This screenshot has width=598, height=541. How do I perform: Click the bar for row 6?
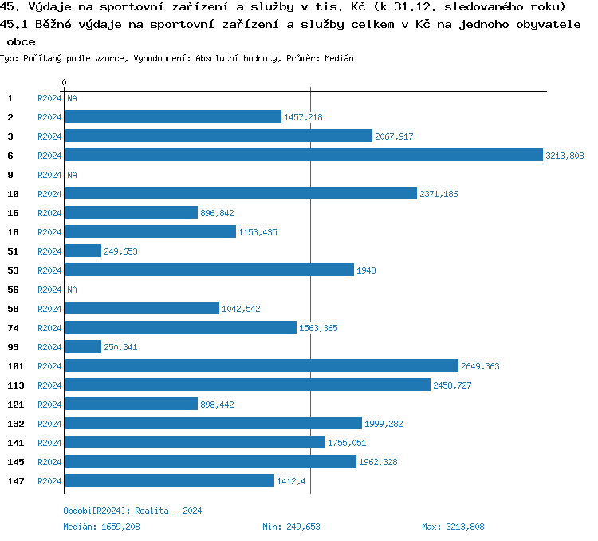(x=303, y=156)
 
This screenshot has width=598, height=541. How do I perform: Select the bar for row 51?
(x=83, y=251)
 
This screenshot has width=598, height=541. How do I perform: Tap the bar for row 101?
(x=262, y=366)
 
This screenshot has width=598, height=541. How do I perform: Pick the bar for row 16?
(x=131, y=213)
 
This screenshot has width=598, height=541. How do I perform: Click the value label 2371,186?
(x=439, y=194)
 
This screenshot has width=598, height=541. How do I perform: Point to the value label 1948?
(x=366, y=270)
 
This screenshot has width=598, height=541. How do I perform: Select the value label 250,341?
(x=121, y=347)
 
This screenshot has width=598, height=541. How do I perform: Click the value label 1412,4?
(x=291, y=481)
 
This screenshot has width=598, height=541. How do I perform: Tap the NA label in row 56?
(x=72, y=290)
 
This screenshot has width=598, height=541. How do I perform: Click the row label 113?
(x=16, y=385)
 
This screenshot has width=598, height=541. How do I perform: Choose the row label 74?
(x=14, y=328)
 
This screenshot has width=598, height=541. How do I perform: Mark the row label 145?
(x=16, y=462)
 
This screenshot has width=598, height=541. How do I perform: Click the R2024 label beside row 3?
(x=49, y=136)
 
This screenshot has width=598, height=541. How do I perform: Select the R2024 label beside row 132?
(x=49, y=424)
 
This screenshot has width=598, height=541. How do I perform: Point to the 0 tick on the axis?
(x=64, y=82)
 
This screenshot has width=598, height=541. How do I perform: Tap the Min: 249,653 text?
(x=291, y=527)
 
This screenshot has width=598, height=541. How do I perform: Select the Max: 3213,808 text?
(x=453, y=527)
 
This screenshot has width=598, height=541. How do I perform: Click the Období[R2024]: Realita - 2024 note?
(x=132, y=511)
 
